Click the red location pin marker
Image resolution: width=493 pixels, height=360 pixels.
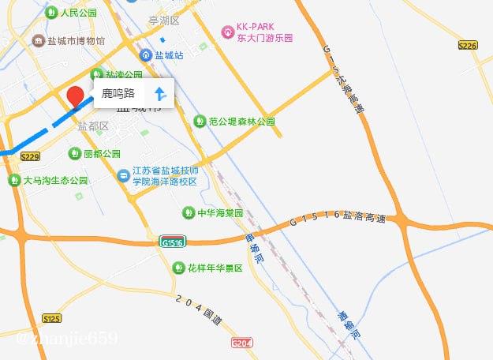(x=76, y=96)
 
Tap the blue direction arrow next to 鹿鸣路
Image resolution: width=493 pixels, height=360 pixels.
(x=159, y=94)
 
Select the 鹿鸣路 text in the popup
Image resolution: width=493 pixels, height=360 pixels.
(x=118, y=94)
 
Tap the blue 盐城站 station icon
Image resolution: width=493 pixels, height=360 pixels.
(x=146, y=55)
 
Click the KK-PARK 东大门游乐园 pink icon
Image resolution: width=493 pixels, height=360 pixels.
(x=227, y=31)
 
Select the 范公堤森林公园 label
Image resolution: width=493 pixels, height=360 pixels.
(x=242, y=122)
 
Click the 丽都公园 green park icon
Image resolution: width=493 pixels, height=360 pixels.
(x=75, y=153)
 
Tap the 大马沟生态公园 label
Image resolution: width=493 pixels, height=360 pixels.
(x=56, y=180)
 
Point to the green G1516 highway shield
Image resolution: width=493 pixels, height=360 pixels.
(x=172, y=242)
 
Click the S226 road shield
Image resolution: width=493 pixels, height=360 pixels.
(x=467, y=46)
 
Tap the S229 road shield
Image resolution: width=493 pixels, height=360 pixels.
(x=30, y=157)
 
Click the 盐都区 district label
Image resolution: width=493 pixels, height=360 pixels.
(x=92, y=126)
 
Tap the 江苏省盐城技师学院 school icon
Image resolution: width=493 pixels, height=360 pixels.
(x=124, y=175)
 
